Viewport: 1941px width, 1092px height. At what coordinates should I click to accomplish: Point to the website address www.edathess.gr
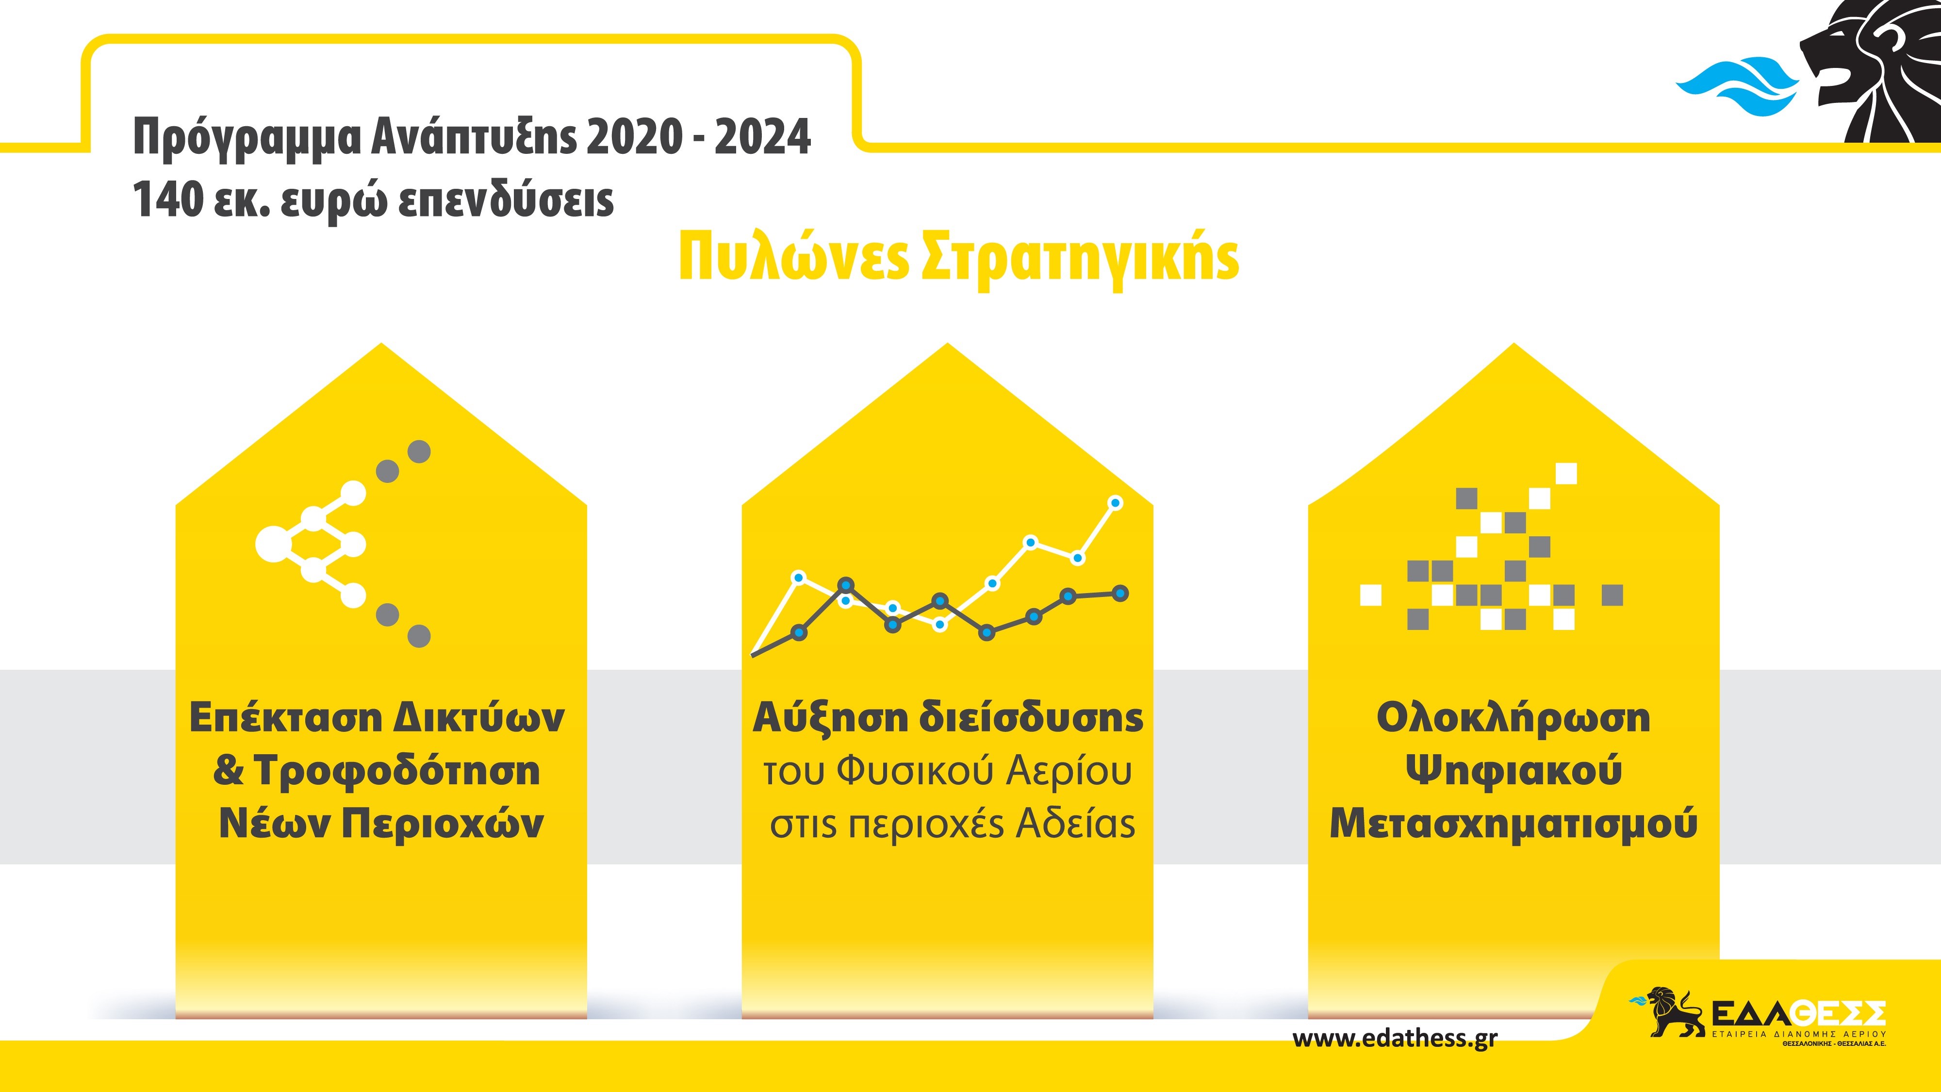pyautogui.click(x=1395, y=1039)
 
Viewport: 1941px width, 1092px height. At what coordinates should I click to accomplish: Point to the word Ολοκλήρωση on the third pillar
pyautogui.click(x=1513, y=718)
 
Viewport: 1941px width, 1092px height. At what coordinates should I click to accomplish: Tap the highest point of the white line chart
pyautogui.click(x=1116, y=503)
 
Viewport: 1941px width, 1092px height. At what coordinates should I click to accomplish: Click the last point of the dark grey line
pyautogui.click(x=1120, y=593)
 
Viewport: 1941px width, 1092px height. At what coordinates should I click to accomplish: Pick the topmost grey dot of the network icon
pyautogui.click(x=419, y=451)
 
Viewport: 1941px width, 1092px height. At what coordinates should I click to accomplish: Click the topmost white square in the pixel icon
pyautogui.click(x=1566, y=473)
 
